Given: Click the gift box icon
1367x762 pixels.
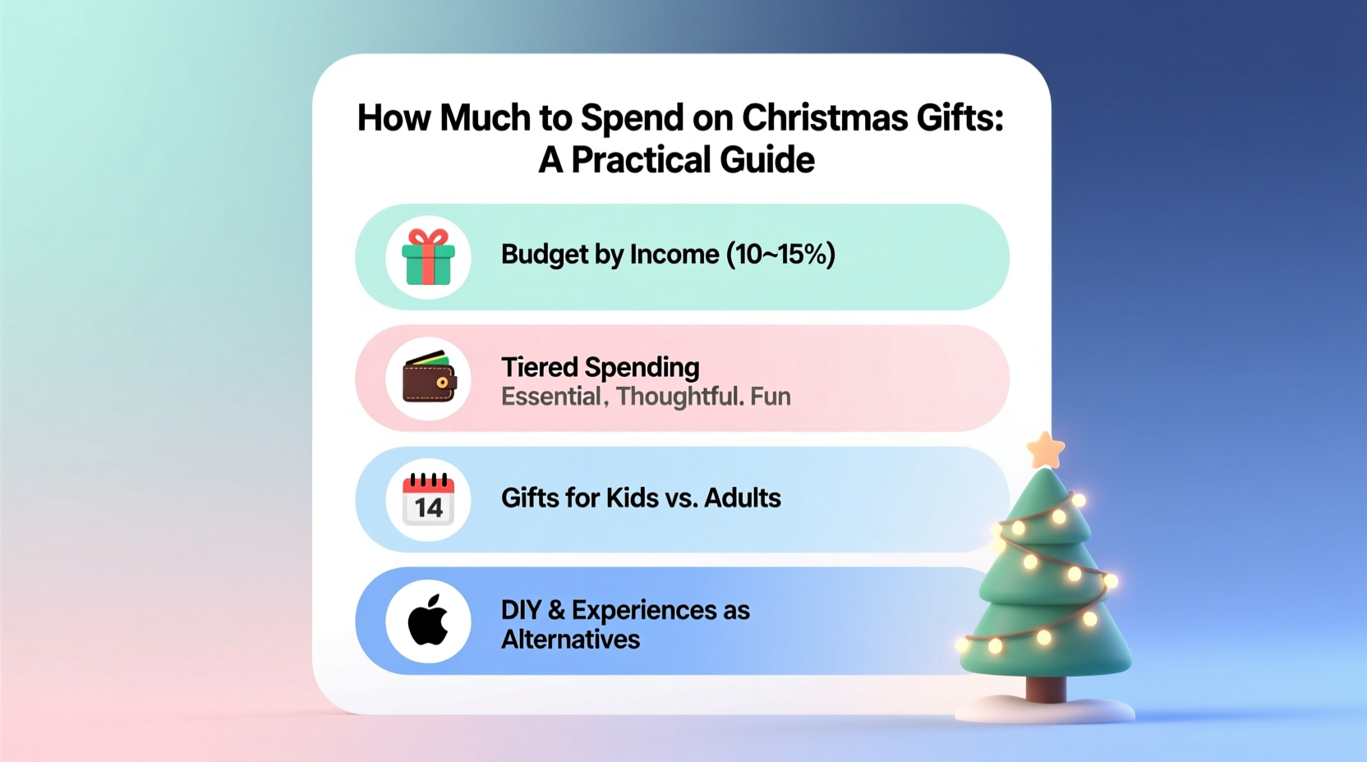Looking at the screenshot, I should pyautogui.click(x=428, y=258).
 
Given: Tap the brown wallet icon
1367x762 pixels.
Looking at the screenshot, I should pyautogui.click(x=428, y=379).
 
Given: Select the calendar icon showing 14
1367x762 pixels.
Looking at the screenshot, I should pyautogui.click(x=428, y=499).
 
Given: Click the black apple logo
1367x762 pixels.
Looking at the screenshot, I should pyautogui.click(x=428, y=621).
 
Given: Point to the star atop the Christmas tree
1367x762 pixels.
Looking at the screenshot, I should pyautogui.click(x=1046, y=450).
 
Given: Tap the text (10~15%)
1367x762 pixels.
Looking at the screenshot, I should pyautogui.click(x=780, y=255).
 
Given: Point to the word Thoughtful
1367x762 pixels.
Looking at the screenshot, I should pyautogui.click(x=679, y=397).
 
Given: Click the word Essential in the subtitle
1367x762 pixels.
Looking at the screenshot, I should pyautogui.click(x=551, y=397).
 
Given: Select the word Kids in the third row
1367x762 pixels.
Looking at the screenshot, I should pyautogui.click(x=633, y=498).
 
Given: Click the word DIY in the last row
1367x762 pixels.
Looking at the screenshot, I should pyautogui.click(x=521, y=610).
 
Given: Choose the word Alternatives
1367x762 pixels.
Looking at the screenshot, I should pyautogui.click(x=570, y=640).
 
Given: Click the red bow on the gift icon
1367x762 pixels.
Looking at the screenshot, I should pyautogui.click(x=428, y=237).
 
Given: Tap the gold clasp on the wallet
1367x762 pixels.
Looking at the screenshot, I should pyautogui.click(x=442, y=383).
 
